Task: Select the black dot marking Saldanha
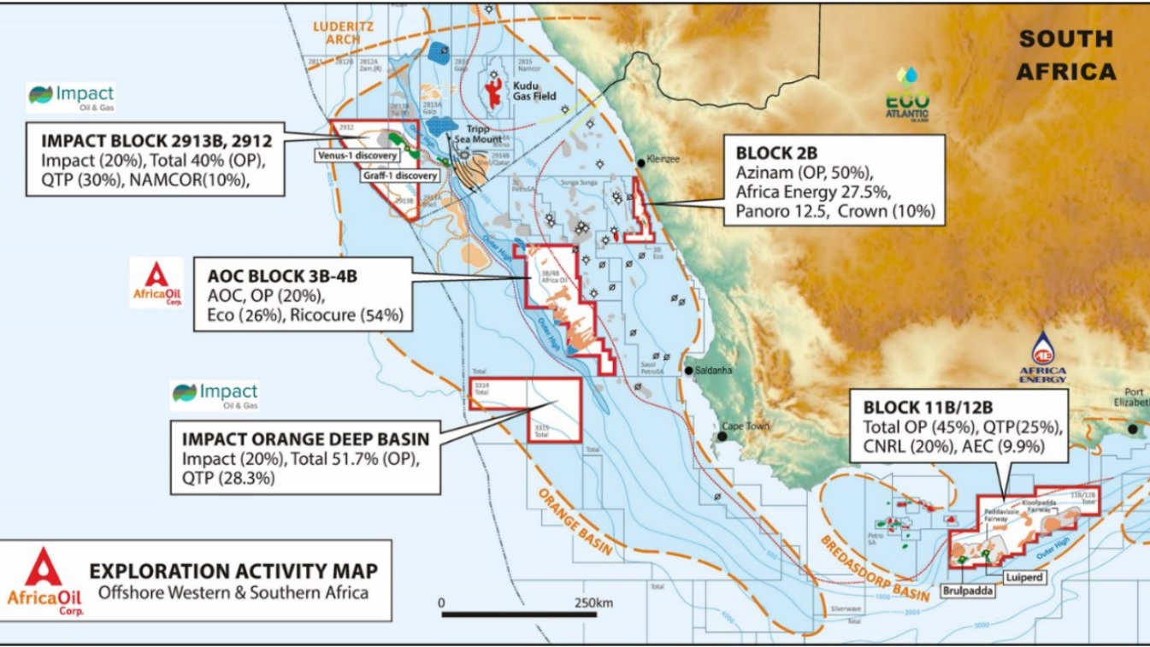click(688, 371)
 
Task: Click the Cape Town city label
click(746, 426)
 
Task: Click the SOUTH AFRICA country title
click(1066, 55)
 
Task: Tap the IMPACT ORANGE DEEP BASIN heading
click(305, 439)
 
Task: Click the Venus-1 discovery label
click(369, 156)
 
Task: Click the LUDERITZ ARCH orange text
click(338, 32)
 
